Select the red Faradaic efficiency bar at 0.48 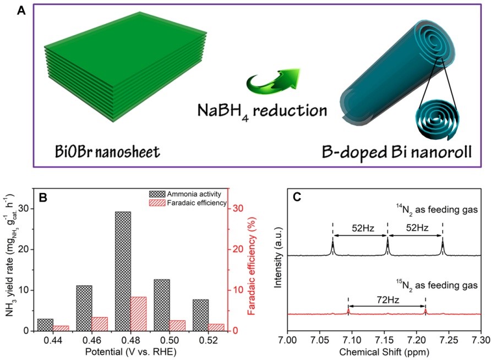tap(139, 313)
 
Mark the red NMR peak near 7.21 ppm tap(425, 311)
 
